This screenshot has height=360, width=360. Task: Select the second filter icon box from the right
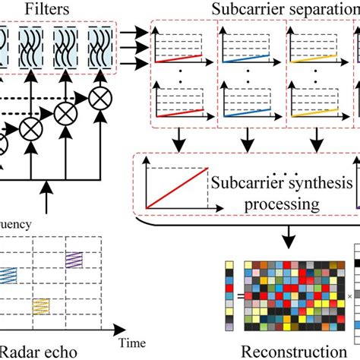(x=72, y=47)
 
